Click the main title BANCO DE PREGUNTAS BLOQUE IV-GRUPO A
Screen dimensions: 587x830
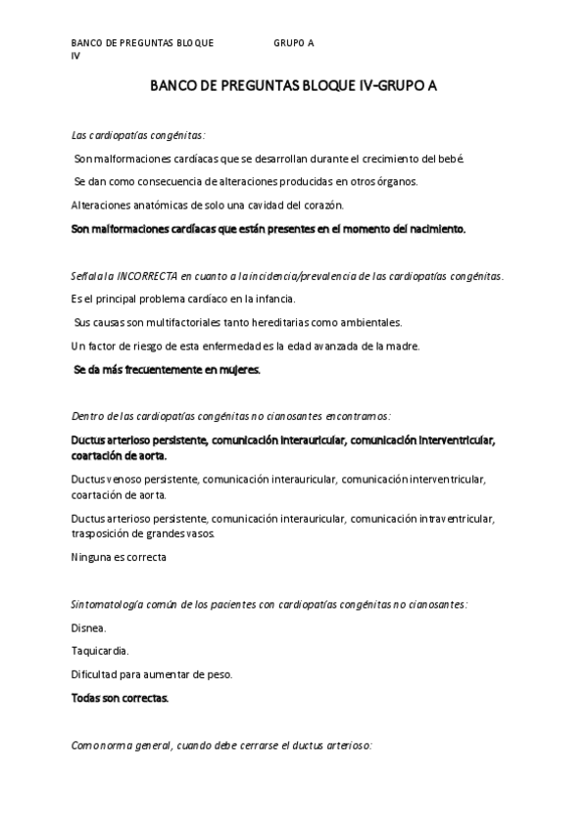pyautogui.click(x=293, y=86)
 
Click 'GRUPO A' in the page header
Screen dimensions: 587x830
pyautogui.click(x=294, y=44)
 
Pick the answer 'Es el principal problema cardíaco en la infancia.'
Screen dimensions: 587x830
pyautogui.click(x=183, y=300)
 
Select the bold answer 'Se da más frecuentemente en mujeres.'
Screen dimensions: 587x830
pyautogui.click(x=168, y=370)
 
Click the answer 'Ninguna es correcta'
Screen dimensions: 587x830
pyautogui.click(x=119, y=557)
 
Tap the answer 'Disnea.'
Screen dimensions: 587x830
pyautogui.click(x=89, y=627)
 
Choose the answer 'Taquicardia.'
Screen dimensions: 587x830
pyautogui.click(x=100, y=651)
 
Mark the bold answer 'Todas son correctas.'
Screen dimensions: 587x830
pyautogui.click(x=120, y=698)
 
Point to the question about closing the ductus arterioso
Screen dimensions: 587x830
pyautogui.click(x=221, y=745)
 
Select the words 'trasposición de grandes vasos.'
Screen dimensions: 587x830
pyautogui.click(x=143, y=533)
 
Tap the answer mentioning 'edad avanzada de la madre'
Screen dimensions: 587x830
pyautogui.click(x=233, y=346)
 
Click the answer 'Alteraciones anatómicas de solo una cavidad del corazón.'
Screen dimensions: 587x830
pyautogui.click(x=208, y=206)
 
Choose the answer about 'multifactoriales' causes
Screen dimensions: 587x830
pyautogui.click(x=238, y=323)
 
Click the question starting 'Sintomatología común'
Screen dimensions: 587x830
pyautogui.click(x=269, y=604)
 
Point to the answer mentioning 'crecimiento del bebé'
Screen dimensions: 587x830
pyautogui.click(x=269, y=159)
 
